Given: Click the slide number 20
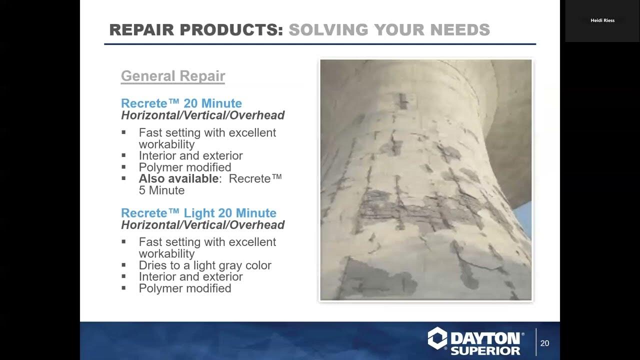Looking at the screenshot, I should (544, 343).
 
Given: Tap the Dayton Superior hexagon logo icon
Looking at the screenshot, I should (437, 338).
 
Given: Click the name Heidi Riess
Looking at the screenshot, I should (602, 20).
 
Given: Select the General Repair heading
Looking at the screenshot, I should (173, 76).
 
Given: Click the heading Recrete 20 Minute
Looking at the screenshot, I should (181, 103).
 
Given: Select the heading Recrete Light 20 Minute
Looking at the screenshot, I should (198, 213).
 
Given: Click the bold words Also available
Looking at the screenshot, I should (178, 179).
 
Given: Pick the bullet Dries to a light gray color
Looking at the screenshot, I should (205, 265).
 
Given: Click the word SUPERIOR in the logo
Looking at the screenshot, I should (485, 349).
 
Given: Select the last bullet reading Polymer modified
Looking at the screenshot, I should (185, 288).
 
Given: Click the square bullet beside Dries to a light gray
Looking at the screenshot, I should (123, 265).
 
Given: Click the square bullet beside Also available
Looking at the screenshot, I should (123, 178).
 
